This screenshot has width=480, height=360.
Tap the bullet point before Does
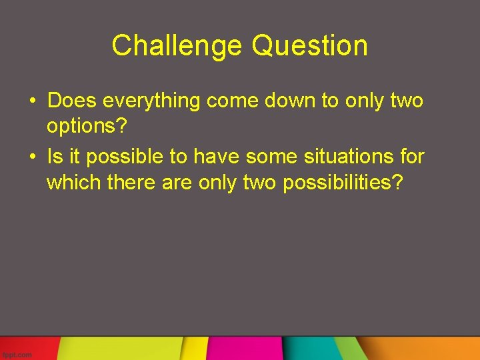[x=32, y=101]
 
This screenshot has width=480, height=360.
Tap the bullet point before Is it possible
[x=32, y=157]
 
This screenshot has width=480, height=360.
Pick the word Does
[x=73, y=101]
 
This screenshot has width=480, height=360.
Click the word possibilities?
[x=343, y=183]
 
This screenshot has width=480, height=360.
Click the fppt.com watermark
[x=17, y=355]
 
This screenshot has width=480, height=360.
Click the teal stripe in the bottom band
[x=313, y=349]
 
